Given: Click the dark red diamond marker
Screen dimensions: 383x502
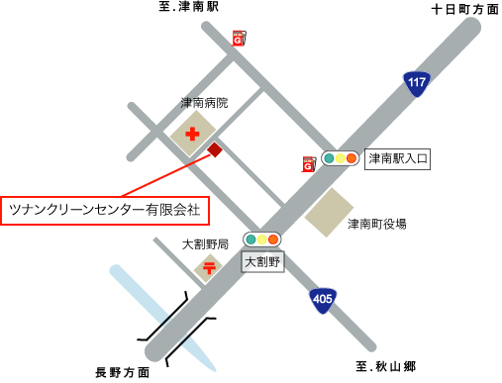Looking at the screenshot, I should [215, 150].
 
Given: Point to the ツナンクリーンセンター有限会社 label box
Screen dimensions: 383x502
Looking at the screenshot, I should [104, 210].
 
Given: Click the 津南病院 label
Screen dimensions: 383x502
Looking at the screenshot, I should [204, 102].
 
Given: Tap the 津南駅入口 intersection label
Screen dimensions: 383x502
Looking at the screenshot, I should [398, 158].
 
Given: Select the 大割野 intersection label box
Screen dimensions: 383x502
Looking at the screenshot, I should [262, 262].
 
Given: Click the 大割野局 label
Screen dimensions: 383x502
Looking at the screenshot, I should [206, 243].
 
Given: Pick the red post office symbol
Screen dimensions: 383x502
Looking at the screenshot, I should [210, 266].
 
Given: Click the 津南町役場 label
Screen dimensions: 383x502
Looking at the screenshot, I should [376, 224].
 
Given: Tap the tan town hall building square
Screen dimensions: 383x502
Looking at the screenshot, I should [329, 213].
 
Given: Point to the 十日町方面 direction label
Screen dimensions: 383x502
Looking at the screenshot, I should [465, 9].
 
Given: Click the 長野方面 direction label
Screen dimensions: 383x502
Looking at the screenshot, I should [123, 372].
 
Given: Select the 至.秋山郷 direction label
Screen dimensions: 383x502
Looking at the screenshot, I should [387, 367].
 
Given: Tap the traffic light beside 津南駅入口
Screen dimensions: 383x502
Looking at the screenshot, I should [339, 158].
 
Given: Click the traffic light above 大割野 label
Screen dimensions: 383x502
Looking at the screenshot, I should [262, 239].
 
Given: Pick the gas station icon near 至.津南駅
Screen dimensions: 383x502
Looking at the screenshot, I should [239, 39].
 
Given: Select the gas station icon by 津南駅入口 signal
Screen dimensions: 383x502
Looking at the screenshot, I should [308, 164].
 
